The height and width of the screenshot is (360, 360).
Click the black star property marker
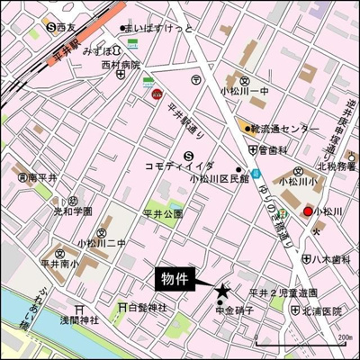pyautogui.click(x=222, y=290)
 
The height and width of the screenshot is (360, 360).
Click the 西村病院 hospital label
pyautogui.click(x=120, y=66)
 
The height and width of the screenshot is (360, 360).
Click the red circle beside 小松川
pyautogui.click(x=308, y=211)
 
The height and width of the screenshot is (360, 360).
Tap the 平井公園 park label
pyautogui.click(x=162, y=213)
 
